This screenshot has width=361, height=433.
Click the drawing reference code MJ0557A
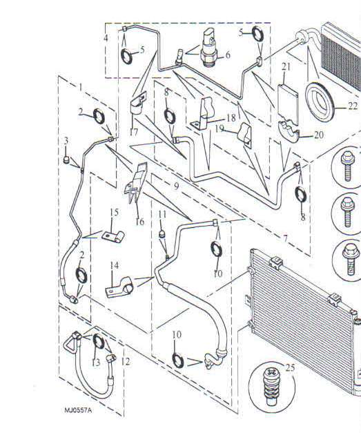point(78,410)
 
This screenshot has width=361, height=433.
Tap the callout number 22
point(353,106)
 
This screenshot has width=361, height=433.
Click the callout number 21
point(286,66)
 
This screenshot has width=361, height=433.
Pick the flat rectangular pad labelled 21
point(288,104)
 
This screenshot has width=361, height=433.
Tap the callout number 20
point(318,135)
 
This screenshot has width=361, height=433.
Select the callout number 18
point(231,118)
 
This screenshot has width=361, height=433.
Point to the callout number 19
point(219,128)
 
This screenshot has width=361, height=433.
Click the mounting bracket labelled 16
point(136,184)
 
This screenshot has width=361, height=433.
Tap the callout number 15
point(114,213)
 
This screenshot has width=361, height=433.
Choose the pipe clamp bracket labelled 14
point(119,287)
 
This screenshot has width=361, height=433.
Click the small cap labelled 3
point(66,160)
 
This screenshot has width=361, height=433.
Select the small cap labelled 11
point(163,234)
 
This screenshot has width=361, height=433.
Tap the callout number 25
point(291,367)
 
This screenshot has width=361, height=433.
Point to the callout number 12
point(126,361)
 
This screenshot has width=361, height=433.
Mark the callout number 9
point(177,186)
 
